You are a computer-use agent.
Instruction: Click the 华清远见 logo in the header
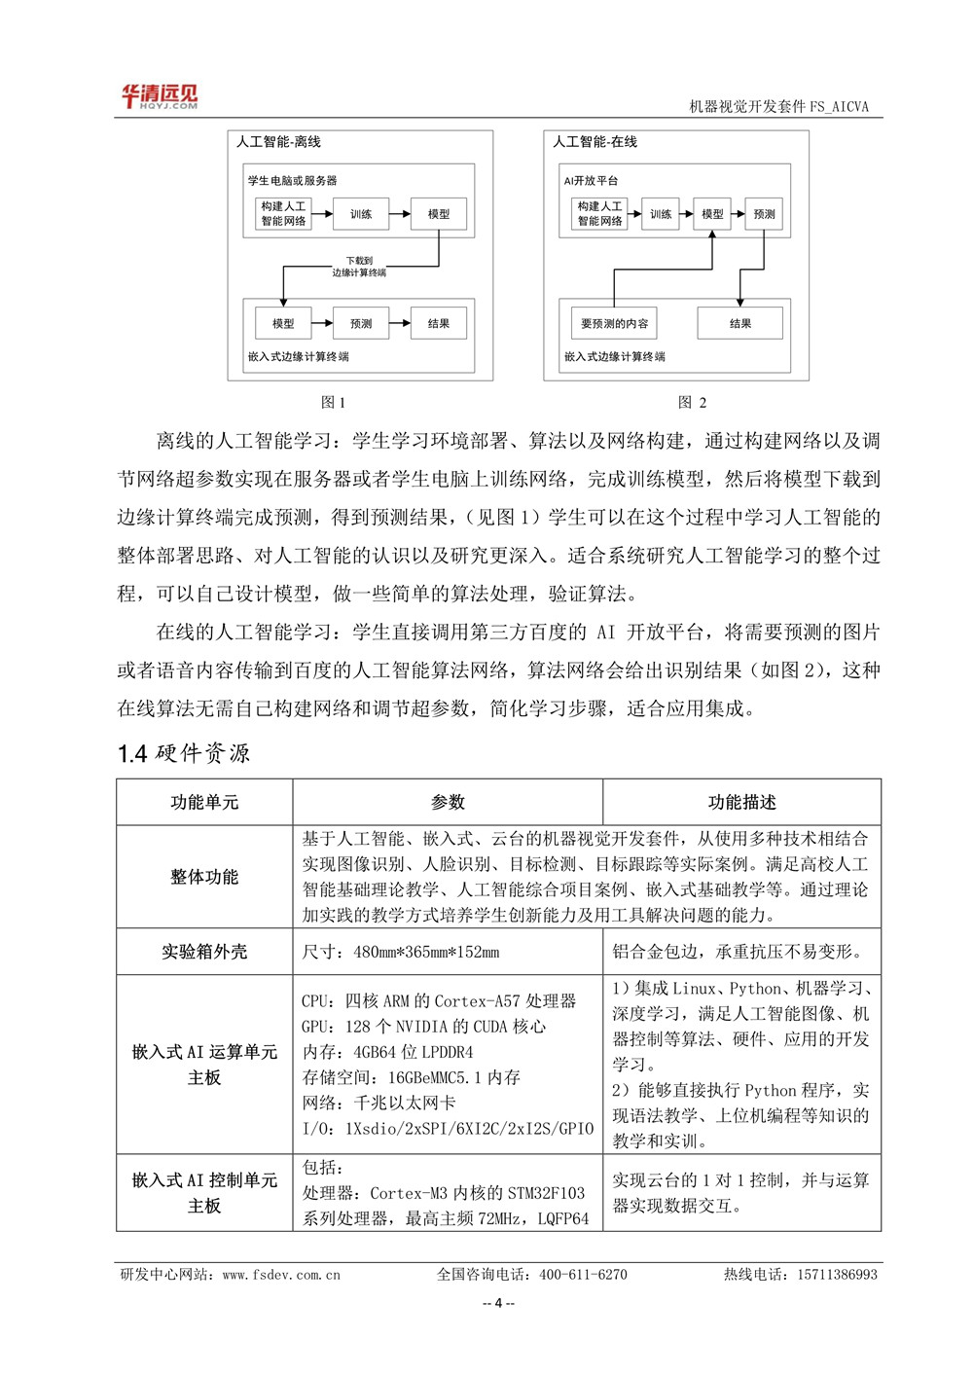(x=159, y=96)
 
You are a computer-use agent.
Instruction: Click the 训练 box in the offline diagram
(x=361, y=214)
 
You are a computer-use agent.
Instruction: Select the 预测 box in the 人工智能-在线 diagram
(x=764, y=214)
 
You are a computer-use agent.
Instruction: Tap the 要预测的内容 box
(x=614, y=323)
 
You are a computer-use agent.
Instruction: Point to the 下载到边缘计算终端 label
(x=359, y=267)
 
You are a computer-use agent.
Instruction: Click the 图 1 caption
(x=333, y=402)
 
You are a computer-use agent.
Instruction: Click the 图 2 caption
(x=692, y=402)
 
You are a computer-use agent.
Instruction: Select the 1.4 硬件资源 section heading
(x=184, y=753)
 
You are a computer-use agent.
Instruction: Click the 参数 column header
(x=448, y=802)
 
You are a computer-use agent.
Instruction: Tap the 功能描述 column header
(x=741, y=802)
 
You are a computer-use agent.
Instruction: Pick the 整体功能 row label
(x=204, y=877)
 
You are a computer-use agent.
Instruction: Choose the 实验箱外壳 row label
(x=204, y=952)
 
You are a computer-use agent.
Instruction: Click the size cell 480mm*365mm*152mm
(x=401, y=952)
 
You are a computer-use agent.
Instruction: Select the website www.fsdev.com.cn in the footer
(x=281, y=1274)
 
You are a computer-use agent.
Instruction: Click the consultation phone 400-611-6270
(x=583, y=1274)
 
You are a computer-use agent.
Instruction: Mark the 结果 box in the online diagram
(x=739, y=323)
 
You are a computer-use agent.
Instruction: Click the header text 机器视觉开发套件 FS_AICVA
(x=778, y=107)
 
